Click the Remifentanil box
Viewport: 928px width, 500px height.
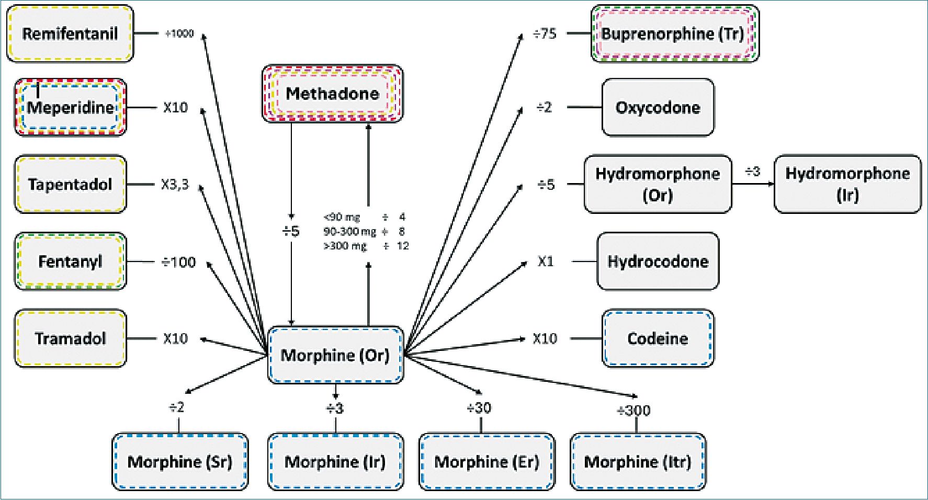70,34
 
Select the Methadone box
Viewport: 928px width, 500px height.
332,94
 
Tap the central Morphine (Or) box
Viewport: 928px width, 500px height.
335,355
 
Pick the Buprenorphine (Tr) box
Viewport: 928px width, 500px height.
674,34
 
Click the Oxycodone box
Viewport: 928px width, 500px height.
658,108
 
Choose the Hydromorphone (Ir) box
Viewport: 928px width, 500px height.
847,184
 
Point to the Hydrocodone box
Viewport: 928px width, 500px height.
658,262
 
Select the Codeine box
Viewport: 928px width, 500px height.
658,338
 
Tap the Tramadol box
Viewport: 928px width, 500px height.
70,338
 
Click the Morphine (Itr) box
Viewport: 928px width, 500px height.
637,462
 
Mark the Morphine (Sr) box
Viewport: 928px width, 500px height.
180,462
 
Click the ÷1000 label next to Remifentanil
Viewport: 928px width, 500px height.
179,34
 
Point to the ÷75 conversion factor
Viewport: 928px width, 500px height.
545,34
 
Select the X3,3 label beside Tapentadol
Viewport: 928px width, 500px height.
175,185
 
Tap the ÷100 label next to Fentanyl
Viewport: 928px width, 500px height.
178,262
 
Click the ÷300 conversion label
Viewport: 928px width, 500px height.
633,411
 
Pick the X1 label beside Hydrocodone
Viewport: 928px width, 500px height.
546,262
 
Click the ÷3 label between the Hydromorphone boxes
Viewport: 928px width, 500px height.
752,172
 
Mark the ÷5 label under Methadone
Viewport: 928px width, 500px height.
291,231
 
